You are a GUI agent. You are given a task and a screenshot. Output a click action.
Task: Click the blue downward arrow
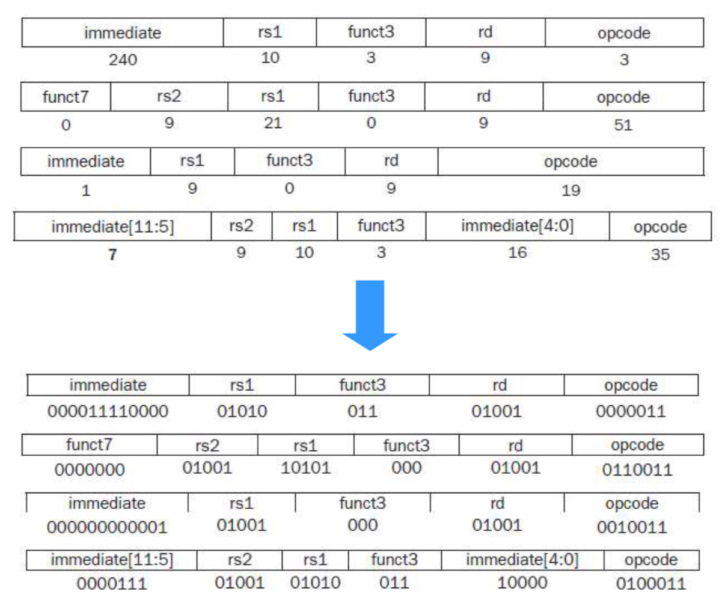click(370, 315)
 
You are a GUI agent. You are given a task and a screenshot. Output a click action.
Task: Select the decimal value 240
click(123, 60)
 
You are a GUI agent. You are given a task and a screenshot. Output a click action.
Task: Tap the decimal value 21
click(273, 123)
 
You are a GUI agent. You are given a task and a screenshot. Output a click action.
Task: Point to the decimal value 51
click(623, 125)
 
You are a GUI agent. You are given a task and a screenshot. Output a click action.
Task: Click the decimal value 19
click(570, 191)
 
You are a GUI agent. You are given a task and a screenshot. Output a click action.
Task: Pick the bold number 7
click(112, 254)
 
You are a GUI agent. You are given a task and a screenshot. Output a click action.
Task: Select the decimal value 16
click(518, 253)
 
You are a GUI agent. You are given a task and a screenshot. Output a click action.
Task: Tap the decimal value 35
click(660, 254)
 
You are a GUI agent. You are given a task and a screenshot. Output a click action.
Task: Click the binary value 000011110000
click(108, 411)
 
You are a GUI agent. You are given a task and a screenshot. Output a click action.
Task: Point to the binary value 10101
click(305, 468)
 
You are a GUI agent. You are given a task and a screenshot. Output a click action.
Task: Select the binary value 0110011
click(637, 470)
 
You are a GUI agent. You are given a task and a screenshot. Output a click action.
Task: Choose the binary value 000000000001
click(106, 527)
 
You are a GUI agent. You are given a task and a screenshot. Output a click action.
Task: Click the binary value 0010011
click(632, 527)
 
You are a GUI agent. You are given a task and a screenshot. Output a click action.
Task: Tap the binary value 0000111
click(112, 584)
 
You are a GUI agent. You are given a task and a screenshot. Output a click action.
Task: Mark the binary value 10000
click(522, 583)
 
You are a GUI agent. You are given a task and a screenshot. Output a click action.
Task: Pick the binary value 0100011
click(651, 584)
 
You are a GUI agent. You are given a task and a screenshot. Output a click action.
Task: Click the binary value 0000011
click(631, 411)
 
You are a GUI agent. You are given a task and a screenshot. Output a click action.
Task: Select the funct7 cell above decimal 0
click(66, 97)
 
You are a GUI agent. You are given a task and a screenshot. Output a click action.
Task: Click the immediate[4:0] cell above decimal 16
click(518, 226)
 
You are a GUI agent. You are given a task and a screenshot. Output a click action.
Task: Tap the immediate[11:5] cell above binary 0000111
click(112, 560)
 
